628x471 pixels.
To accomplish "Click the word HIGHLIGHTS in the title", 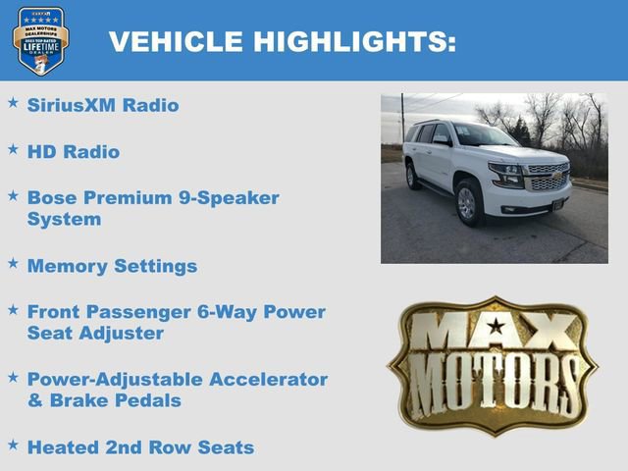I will pos(355,42).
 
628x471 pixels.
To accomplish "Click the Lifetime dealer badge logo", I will pos(40,40).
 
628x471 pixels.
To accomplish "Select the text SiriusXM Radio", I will pos(103,105).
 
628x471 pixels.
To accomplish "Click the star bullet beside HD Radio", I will pos(13,149).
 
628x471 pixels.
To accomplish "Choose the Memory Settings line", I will pos(112,266).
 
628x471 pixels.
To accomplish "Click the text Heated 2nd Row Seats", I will pos(140,447).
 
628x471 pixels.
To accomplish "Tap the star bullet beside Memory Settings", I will pos(13,263).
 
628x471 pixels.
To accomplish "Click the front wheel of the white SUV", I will pos(468,202).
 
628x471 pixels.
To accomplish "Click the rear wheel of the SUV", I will pos(413,176).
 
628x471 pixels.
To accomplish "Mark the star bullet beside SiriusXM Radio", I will pos(13,102).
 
